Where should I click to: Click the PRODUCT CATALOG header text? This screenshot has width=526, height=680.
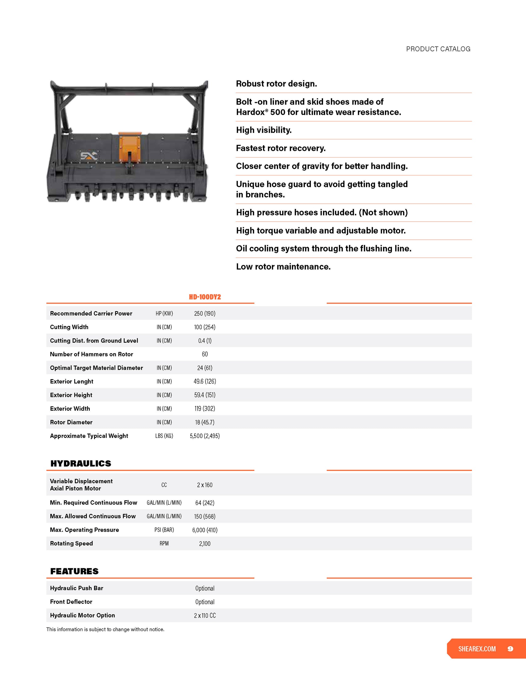[x=438, y=49]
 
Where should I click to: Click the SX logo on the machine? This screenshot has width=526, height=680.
[x=89, y=156]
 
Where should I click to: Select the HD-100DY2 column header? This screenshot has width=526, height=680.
[x=205, y=297]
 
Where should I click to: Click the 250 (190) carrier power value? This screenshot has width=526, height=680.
[x=205, y=313]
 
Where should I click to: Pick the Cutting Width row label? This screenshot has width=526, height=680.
[x=69, y=327]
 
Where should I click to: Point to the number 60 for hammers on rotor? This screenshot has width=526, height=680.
[x=205, y=354]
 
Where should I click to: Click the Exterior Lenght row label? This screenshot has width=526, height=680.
[x=72, y=381]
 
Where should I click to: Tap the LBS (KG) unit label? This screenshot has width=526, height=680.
[x=164, y=436]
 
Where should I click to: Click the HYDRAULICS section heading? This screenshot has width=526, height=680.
[x=81, y=463]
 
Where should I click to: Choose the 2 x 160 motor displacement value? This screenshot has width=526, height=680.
[x=205, y=485]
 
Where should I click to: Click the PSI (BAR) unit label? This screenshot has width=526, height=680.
[x=164, y=530]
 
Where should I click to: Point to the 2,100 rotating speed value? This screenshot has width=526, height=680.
[x=205, y=543]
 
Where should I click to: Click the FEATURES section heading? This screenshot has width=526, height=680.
[x=75, y=571]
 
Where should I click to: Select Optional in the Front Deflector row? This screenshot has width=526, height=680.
[x=205, y=601]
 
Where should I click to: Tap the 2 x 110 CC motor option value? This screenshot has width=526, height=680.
[x=205, y=615]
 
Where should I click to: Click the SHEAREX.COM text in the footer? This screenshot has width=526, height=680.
[x=477, y=649]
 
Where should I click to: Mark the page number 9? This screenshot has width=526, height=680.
[x=510, y=649]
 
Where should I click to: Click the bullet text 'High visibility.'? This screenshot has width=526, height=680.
[x=264, y=130]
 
